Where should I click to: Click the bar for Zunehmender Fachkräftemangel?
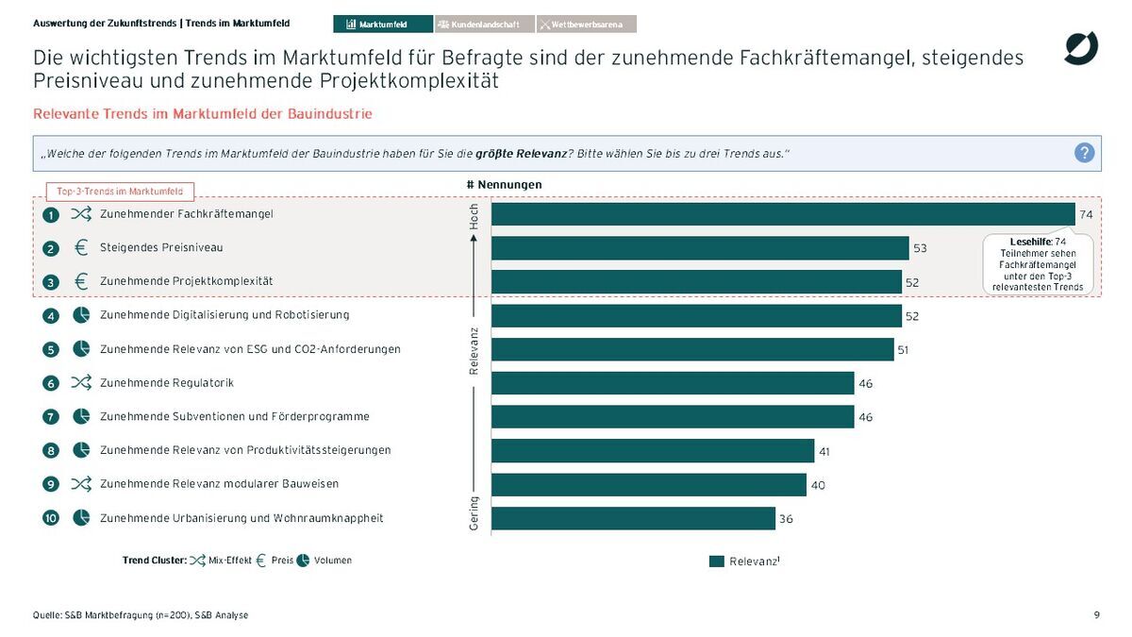click(x=783, y=214)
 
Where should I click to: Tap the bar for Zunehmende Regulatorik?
click(x=673, y=383)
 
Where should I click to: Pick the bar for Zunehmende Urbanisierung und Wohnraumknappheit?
click(x=633, y=518)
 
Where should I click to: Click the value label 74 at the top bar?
click(x=1086, y=215)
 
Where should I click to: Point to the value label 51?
click(x=903, y=350)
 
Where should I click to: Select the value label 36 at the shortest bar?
click(x=786, y=519)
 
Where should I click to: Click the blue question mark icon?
click(x=1085, y=153)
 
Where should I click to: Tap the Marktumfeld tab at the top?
click(x=383, y=24)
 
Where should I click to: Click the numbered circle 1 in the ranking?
click(x=52, y=215)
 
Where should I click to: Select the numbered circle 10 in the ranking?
click(x=52, y=518)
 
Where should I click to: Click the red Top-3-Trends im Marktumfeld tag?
click(x=120, y=192)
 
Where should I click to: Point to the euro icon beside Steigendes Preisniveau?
click(x=81, y=248)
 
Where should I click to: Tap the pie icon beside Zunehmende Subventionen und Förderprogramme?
click(x=81, y=416)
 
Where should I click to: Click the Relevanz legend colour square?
click(x=717, y=562)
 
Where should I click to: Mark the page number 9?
click(x=1097, y=615)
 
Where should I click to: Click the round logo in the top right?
click(x=1081, y=48)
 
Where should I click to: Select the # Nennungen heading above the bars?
click(x=504, y=184)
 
